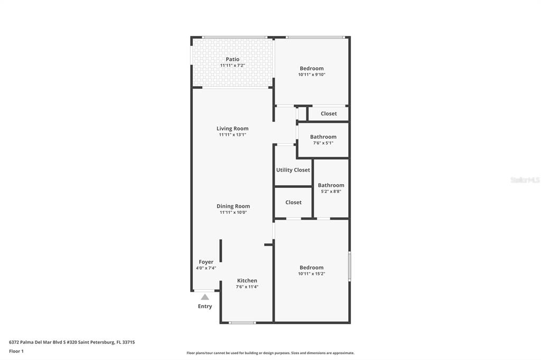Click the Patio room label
pos(232,59)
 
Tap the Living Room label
pos(232,129)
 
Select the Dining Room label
pos(233,206)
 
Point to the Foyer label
pos(206,262)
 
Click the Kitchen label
pos(247,281)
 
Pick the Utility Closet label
pos(293,170)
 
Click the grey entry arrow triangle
pos(205,297)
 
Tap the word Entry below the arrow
pos(205,306)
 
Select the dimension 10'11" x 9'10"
pos(312,74)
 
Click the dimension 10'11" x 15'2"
pos(312,274)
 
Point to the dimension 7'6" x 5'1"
pos(323,143)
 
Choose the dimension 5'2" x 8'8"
pos(331,192)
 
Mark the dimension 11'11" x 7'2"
pos(232,65)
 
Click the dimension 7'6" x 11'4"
pos(247,287)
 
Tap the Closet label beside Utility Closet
pos(293,202)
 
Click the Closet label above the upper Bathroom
pos(329,113)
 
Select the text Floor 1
pos(16,351)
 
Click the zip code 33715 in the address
pos(129,343)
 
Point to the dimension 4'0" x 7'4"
pos(206,268)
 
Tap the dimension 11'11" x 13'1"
pos(232,135)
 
